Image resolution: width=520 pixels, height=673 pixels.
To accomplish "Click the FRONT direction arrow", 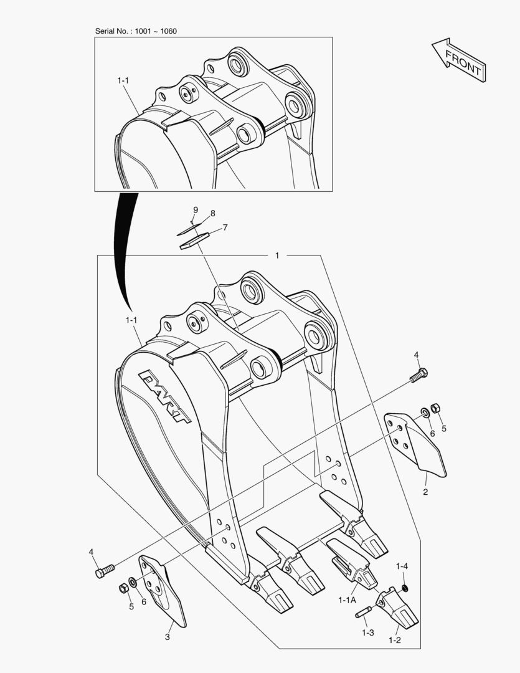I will coord(459,60).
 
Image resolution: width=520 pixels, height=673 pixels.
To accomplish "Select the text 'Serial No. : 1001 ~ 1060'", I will coord(135,31).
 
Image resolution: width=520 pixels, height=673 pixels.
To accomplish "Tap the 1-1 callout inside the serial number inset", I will coord(123,81).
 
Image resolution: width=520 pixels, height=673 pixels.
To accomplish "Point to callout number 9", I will coord(195,209).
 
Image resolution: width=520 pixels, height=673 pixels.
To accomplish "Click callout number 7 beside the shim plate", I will coord(225,227).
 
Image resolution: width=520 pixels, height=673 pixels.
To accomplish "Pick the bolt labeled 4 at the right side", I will coord(419,376).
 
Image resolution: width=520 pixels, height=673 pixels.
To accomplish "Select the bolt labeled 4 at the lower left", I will coord(105,570).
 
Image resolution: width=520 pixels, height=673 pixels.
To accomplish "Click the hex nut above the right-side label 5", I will coord(436,408).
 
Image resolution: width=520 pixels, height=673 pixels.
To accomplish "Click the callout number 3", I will coord(167,637).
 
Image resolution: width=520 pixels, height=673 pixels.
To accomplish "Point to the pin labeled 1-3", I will coord(363,613).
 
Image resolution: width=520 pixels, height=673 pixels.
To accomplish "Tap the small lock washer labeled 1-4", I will coord(405,589).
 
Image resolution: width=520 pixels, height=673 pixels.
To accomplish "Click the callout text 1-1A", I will coord(347,600).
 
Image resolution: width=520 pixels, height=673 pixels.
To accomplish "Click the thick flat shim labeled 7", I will coord(194,241).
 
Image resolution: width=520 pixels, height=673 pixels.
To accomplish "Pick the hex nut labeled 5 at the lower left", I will coord(123,588).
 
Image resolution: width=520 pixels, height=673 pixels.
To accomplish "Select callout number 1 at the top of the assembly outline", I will coord(277,255).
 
